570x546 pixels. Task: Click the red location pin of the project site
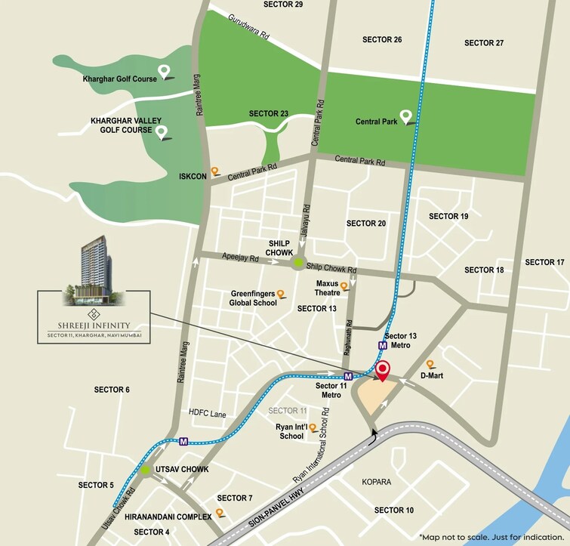click(383, 371)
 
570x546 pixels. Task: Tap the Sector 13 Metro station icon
click(383, 344)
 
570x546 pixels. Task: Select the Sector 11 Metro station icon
click(348, 375)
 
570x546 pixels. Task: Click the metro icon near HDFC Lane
click(183, 440)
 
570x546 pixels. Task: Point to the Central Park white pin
click(405, 116)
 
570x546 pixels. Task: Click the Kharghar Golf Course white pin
click(163, 73)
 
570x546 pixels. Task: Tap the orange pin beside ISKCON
click(214, 171)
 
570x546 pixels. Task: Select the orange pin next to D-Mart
click(430, 363)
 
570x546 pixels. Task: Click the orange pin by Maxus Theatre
click(344, 286)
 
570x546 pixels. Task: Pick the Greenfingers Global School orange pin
click(280, 294)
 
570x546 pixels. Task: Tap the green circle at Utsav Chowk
click(145, 470)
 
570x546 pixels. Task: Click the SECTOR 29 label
click(283, 5)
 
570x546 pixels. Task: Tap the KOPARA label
click(376, 482)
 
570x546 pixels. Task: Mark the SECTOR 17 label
click(544, 262)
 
